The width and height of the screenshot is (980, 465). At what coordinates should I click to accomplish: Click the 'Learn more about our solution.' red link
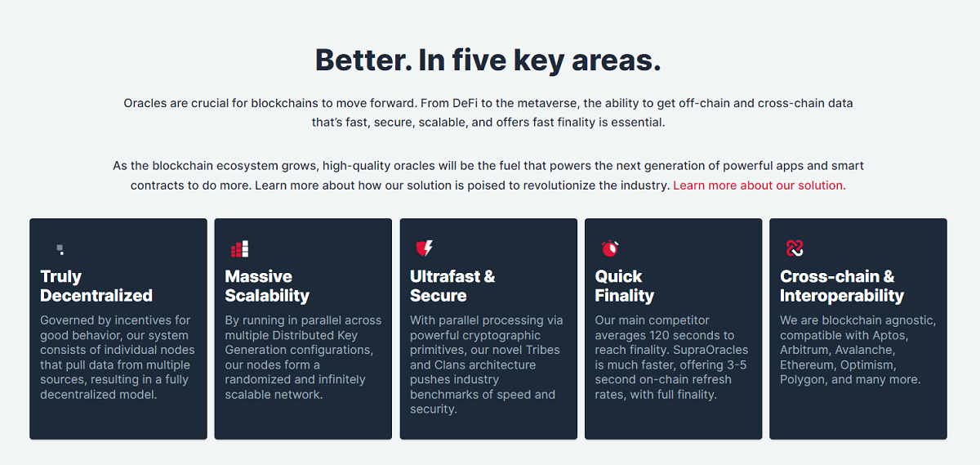pyautogui.click(x=759, y=186)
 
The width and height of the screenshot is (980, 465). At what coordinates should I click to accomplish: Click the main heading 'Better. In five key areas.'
pyautogui.click(x=488, y=60)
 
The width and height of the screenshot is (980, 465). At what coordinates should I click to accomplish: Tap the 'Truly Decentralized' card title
pyautogui.click(x=96, y=286)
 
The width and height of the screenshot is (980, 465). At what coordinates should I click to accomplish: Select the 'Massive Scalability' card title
pyautogui.click(x=267, y=286)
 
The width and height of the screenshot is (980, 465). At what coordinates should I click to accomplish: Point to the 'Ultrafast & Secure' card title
pyautogui.click(x=452, y=286)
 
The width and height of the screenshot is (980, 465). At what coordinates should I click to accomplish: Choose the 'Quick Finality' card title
pyautogui.click(x=624, y=286)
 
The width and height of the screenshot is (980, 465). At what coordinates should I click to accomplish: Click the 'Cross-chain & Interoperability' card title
pyautogui.click(x=842, y=286)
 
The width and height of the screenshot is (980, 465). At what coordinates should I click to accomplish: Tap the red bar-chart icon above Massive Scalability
pyautogui.click(x=240, y=248)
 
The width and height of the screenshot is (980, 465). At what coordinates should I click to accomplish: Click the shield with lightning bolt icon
pyautogui.click(x=425, y=248)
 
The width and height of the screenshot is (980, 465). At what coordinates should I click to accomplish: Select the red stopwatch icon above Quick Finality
pyautogui.click(x=610, y=248)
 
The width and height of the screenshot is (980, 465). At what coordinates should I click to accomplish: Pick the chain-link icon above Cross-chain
pyautogui.click(x=795, y=248)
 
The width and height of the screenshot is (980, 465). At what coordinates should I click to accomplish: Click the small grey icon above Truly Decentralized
pyautogui.click(x=60, y=249)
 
